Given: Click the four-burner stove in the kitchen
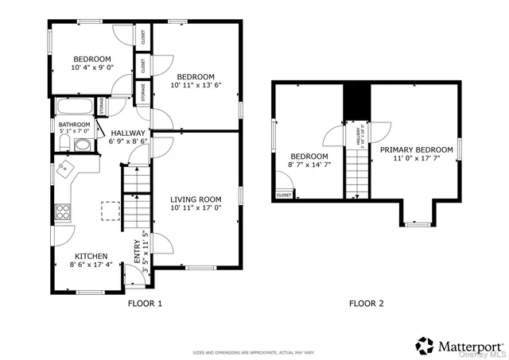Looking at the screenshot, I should (x=60, y=211).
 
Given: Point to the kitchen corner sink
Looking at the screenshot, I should (x=66, y=169).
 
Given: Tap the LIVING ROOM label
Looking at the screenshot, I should (x=196, y=199).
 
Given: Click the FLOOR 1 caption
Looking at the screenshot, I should (x=145, y=304).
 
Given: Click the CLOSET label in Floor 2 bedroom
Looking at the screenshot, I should (x=284, y=195).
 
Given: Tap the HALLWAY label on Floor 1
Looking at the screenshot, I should (x=128, y=134).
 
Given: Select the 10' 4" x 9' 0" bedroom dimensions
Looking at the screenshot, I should (x=92, y=68).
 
